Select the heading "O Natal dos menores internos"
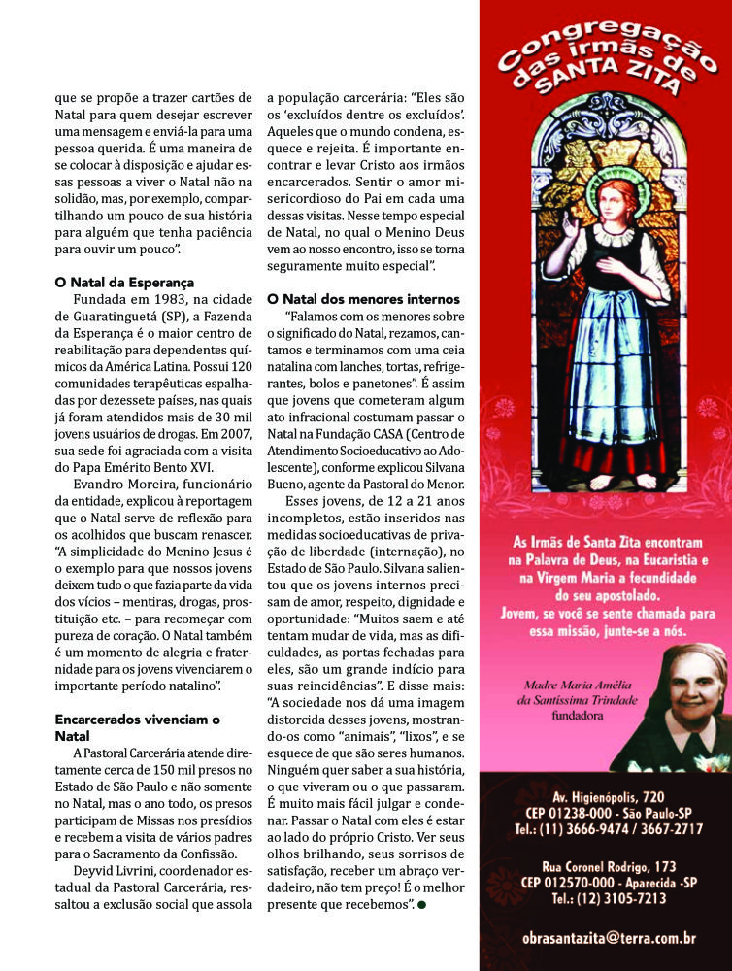[363, 298]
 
